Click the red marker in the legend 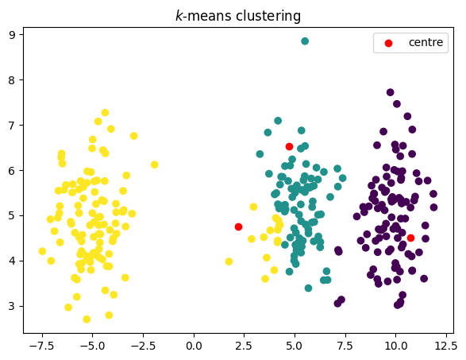point(389,42)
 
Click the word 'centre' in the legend point(426,42)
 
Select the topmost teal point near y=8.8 point(305,41)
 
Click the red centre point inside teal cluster point(289,146)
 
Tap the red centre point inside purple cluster point(410,238)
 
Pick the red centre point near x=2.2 point(238,226)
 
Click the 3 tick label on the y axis point(13,306)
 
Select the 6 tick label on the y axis point(13,170)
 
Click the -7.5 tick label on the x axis point(42,346)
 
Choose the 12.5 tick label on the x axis point(445,346)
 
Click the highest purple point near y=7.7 point(390,92)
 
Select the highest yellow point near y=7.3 point(105,113)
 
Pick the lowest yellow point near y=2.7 point(87,319)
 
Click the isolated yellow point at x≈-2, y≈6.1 point(154,165)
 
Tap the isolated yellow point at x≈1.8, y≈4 point(229,261)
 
